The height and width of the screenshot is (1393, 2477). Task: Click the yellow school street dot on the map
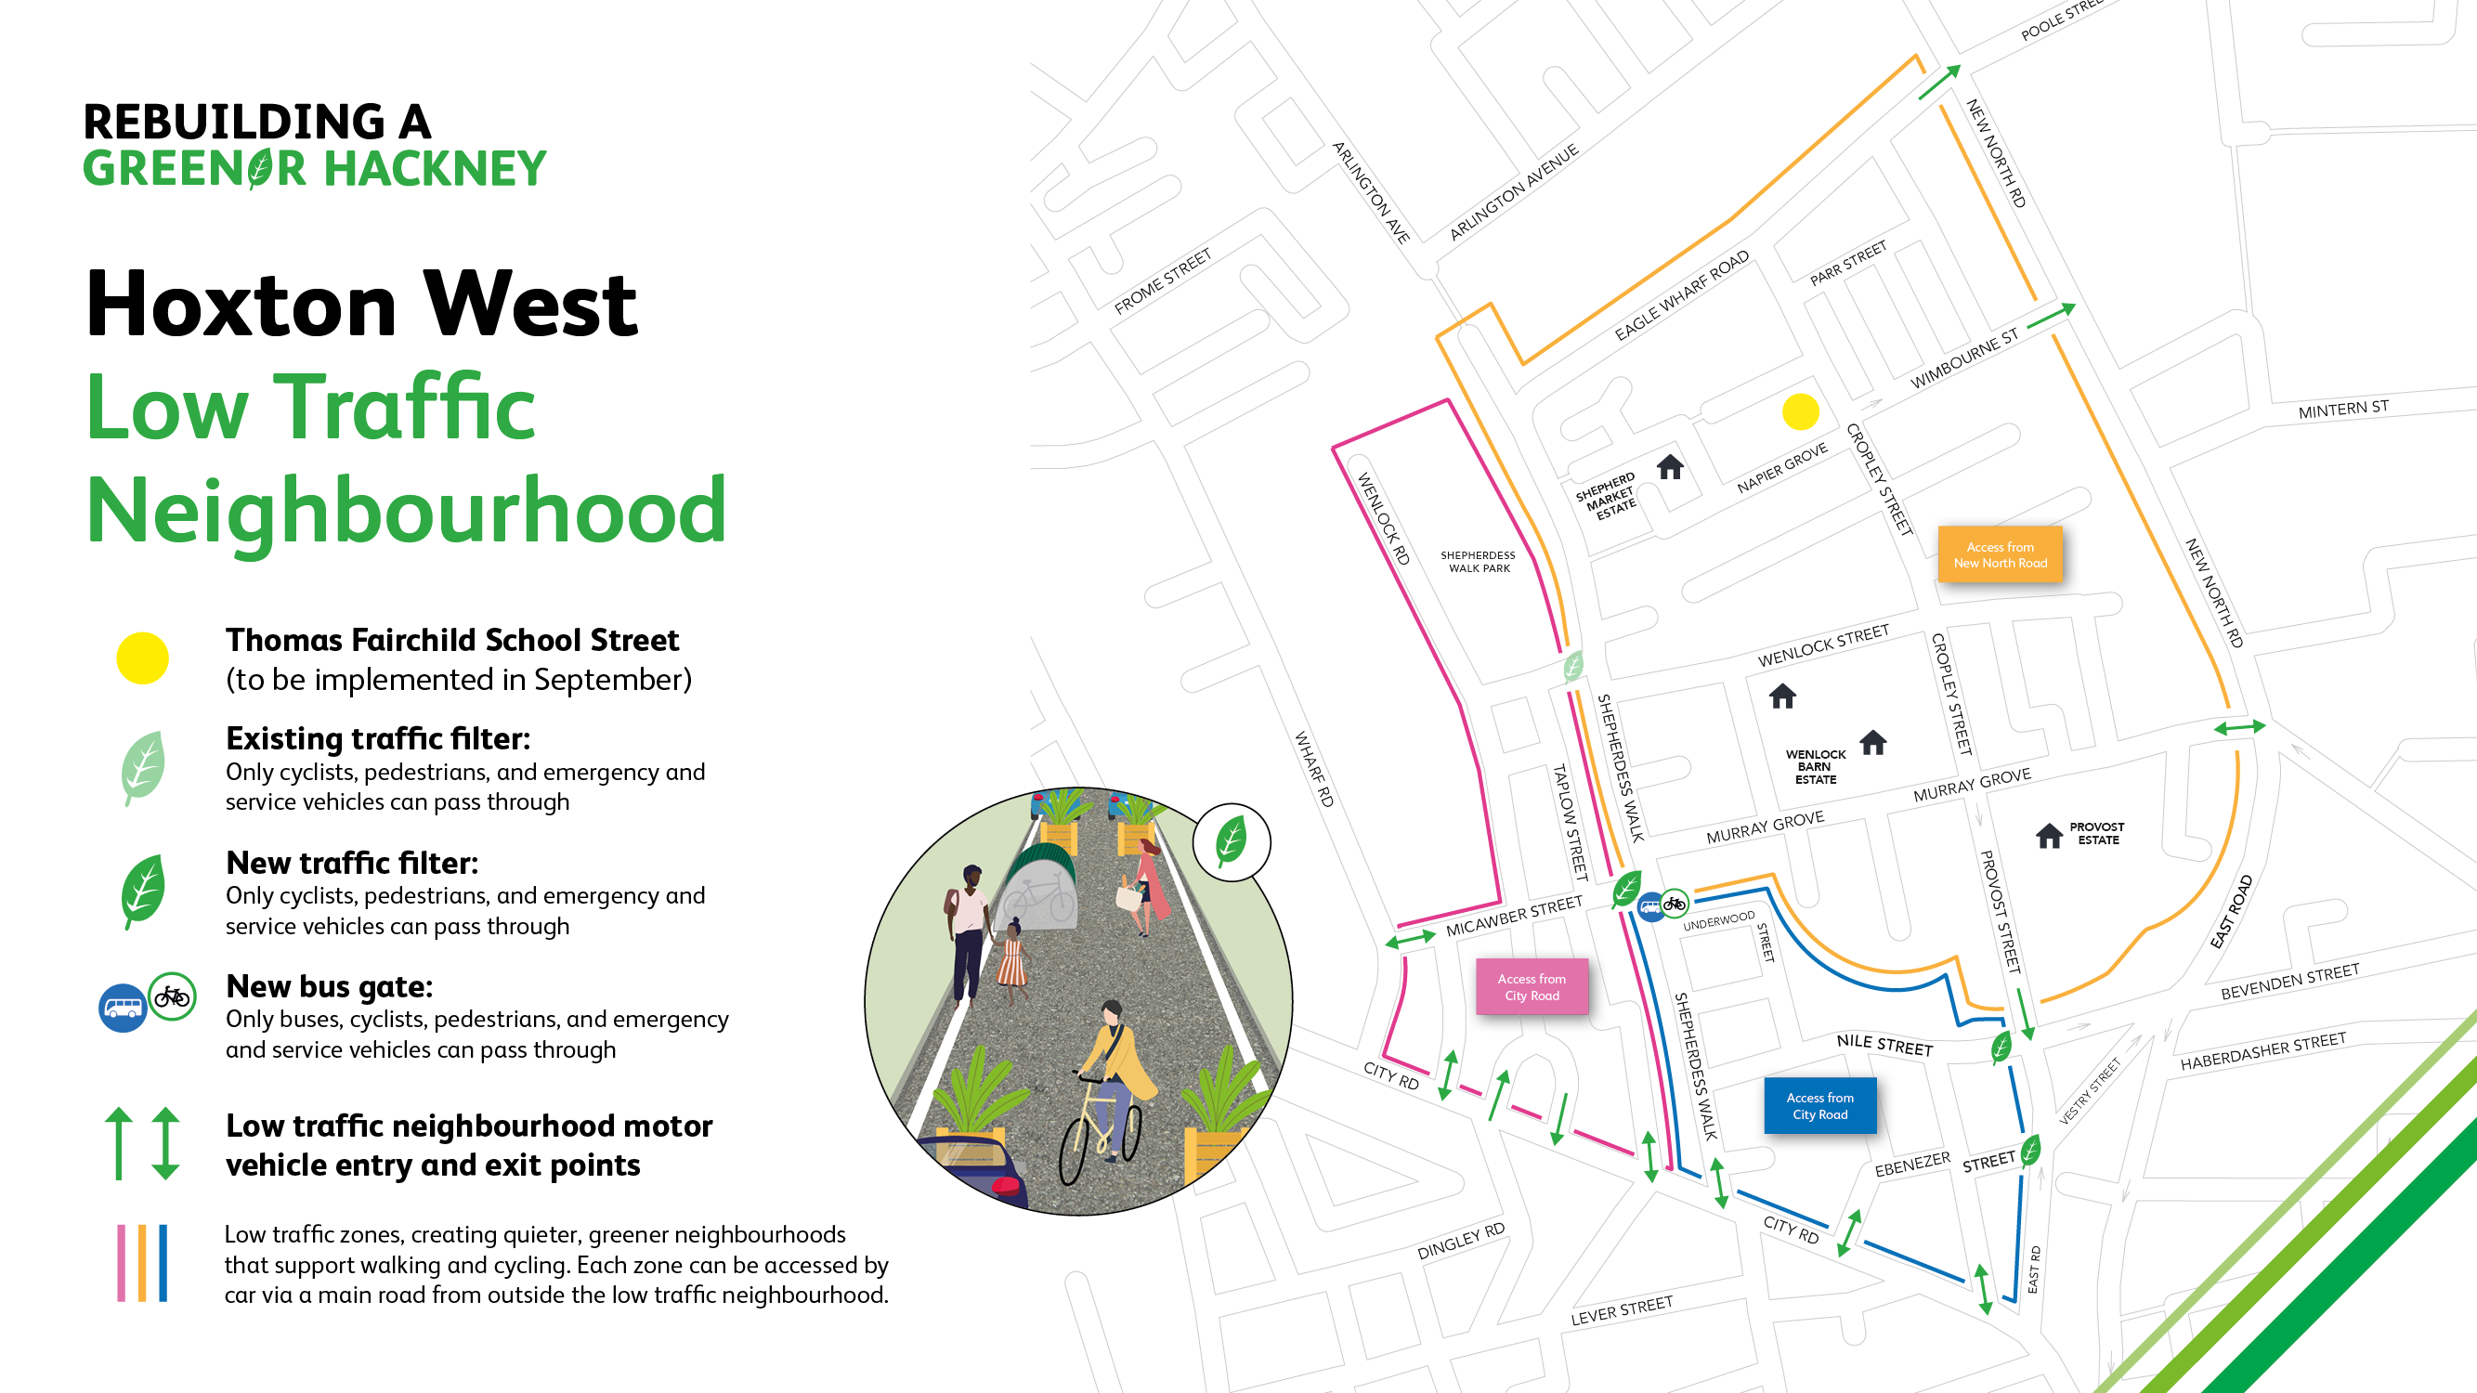coord(1800,412)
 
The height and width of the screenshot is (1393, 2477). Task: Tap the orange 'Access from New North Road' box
coord(2000,554)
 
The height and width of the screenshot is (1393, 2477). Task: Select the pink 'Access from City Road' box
coord(1532,986)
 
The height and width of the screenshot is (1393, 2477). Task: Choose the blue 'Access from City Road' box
coord(1819,1105)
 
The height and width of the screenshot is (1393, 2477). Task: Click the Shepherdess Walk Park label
coord(1478,562)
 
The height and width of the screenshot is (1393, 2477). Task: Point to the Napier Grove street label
coord(1781,468)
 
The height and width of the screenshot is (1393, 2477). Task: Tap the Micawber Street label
coord(1514,917)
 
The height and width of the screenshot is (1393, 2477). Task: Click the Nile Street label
coord(1884,1044)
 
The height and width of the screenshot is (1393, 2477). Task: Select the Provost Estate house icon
coord(2048,835)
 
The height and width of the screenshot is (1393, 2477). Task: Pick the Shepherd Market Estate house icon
coord(1670,467)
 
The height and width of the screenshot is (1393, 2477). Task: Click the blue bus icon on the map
coord(1651,906)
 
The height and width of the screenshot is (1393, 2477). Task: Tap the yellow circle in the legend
coord(142,658)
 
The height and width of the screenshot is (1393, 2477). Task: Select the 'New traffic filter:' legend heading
coord(352,863)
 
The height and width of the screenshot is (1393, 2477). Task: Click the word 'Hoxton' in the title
coord(241,305)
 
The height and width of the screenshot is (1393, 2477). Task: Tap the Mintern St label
coord(2342,410)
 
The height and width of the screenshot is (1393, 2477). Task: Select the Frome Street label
coord(1162,281)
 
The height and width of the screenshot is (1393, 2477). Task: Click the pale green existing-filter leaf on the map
coord(1573,665)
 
